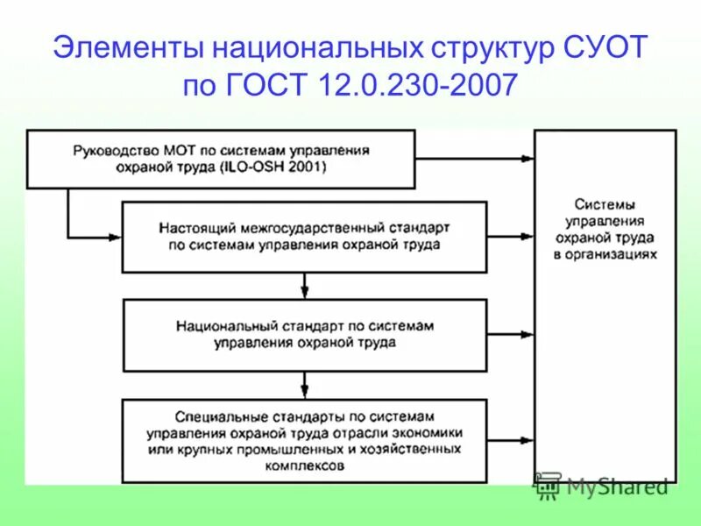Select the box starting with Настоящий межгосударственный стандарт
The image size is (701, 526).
click(x=304, y=236)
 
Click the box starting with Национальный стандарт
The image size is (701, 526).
click(x=304, y=334)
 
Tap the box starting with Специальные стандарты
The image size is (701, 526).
click(x=304, y=441)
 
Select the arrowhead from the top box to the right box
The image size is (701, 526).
click(x=528, y=158)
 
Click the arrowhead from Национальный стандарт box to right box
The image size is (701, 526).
click(x=528, y=334)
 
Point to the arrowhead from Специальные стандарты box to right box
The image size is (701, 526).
click(x=528, y=441)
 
